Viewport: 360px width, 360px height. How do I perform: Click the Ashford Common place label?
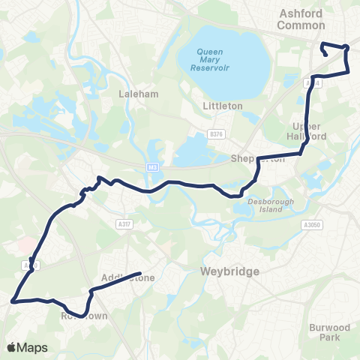301,19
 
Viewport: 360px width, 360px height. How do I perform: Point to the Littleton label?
223,106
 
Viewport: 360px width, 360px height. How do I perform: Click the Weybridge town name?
229,271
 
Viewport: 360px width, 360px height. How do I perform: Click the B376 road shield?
217,135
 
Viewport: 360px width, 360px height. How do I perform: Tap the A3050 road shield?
311,224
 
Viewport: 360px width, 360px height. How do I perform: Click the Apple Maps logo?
27,347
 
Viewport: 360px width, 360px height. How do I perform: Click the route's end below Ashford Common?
323,55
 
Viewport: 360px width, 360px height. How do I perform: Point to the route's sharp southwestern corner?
13,302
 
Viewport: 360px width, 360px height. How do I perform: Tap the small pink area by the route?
24,245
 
